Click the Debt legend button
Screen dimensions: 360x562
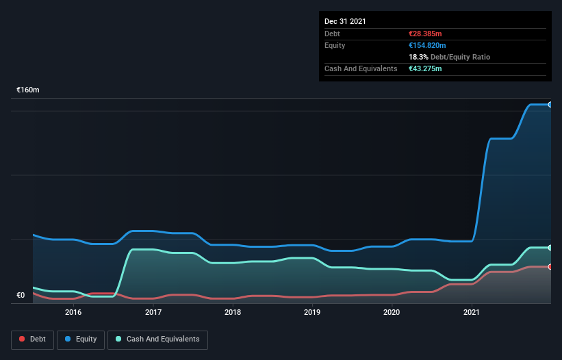point(32,339)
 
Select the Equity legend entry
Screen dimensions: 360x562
point(80,339)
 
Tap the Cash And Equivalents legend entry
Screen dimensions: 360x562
point(157,339)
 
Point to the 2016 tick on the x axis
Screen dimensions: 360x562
point(73,313)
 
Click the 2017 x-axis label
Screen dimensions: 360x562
point(153,313)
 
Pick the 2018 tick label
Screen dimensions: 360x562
point(233,313)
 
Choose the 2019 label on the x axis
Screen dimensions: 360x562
point(312,313)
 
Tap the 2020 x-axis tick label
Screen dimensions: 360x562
point(392,313)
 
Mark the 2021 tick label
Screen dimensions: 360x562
point(472,313)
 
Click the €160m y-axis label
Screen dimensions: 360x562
point(28,90)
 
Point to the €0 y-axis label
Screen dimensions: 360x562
point(21,296)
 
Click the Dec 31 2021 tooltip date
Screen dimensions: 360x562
point(345,21)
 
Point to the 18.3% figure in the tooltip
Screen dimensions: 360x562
point(418,57)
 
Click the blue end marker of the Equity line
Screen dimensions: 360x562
point(550,105)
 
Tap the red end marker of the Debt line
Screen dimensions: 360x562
point(550,267)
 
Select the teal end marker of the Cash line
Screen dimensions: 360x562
point(550,248)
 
